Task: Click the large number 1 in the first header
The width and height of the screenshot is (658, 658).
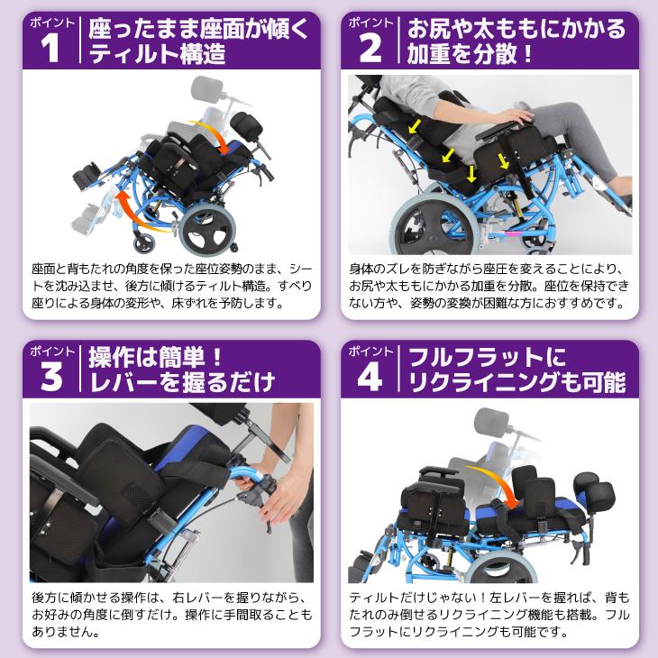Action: click(x=51, y=49)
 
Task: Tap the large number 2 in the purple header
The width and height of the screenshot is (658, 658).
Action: click(x=370, y=49)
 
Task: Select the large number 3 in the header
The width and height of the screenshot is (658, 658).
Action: click(x=51, y=378)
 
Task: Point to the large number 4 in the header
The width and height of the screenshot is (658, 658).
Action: click(x=370, y=378)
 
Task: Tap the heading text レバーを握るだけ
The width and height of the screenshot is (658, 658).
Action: click(x=180, y=387)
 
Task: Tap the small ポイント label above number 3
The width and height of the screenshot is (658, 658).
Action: click(x=50, y=351)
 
